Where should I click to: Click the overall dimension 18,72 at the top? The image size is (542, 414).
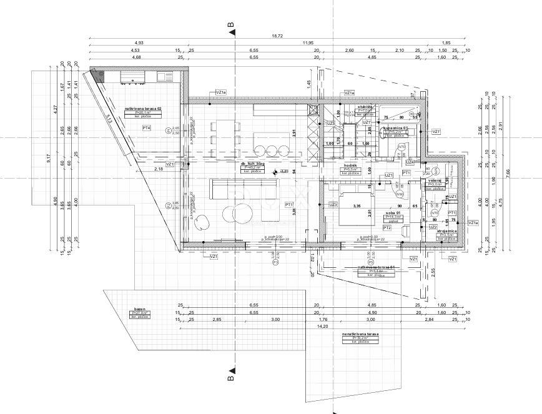click(x=277, y=36)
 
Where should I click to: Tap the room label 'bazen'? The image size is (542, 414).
click(x=139, y=308)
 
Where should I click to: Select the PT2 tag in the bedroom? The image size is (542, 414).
click(x=387, y=228)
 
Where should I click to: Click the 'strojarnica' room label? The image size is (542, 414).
click(x=448, y=232)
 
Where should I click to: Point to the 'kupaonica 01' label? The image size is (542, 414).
click(x=396, y=127)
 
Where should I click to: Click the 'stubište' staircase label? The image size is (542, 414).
click(x=365, y=106)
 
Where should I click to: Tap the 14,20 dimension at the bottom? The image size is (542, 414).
click(x=323, y=325)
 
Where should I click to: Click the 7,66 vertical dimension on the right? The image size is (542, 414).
click(x=508, y=177)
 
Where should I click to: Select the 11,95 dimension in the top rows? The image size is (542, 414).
click(x=308, y=43)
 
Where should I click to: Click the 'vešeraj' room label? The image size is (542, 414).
click(x=435, y=180)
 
